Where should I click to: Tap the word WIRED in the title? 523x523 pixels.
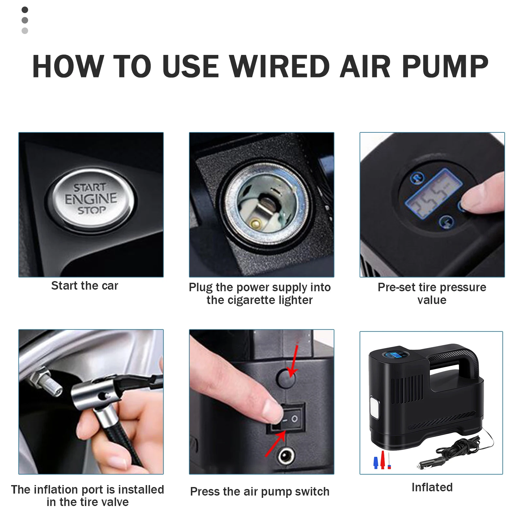pyautogui.click(x=280, y=67)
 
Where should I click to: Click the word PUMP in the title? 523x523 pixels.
pyautogui.click(x=445, y=67)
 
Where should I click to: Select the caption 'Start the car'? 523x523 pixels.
pyautogui.click(x=85, y=286)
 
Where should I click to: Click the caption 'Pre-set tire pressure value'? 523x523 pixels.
pyautogui.click(x=432, y=294)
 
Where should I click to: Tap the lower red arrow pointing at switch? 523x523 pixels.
pyautogui.click(x=275, y=444)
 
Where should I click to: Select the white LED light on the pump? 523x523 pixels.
pyautogui.click(x=375, y=407)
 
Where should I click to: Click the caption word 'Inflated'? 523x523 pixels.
pyautogui.click(x=432, y=487)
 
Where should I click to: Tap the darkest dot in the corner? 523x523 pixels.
pyautogui.click(x=25, y=10)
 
